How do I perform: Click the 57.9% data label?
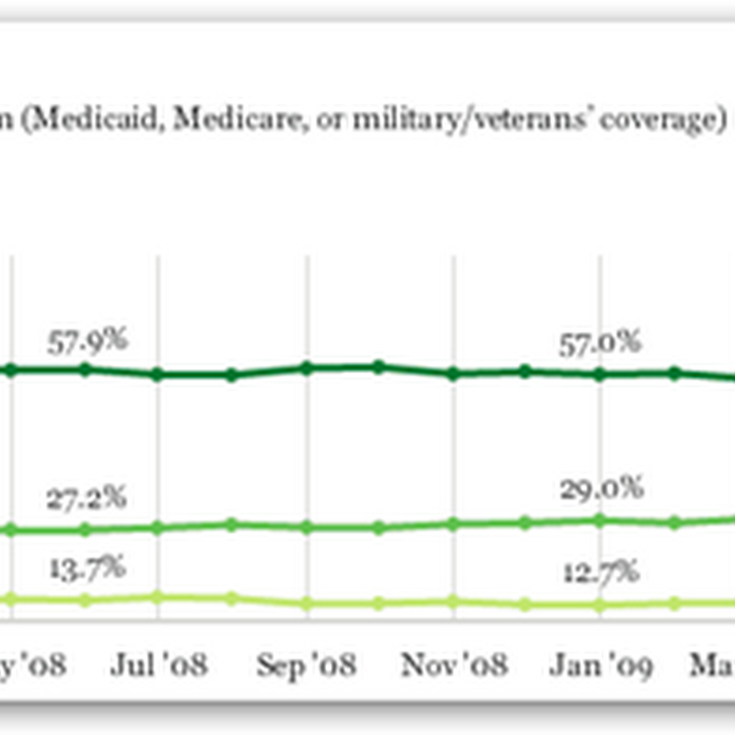(88, 342)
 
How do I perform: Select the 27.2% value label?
(88, 502)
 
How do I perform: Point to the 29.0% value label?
(600, 489)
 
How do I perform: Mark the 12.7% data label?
(598, 572)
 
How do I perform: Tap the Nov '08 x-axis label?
(452, 665)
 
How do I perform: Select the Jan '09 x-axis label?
(600, 665)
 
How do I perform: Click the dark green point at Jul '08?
(158, 375)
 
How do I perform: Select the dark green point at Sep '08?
(307, 367)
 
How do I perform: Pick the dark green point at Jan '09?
(600, 375)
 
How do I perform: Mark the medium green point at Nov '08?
(453, 524)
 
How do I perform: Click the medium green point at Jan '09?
(600, 520)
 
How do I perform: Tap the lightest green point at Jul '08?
(158, 596)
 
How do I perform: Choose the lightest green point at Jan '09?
(600, 605)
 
